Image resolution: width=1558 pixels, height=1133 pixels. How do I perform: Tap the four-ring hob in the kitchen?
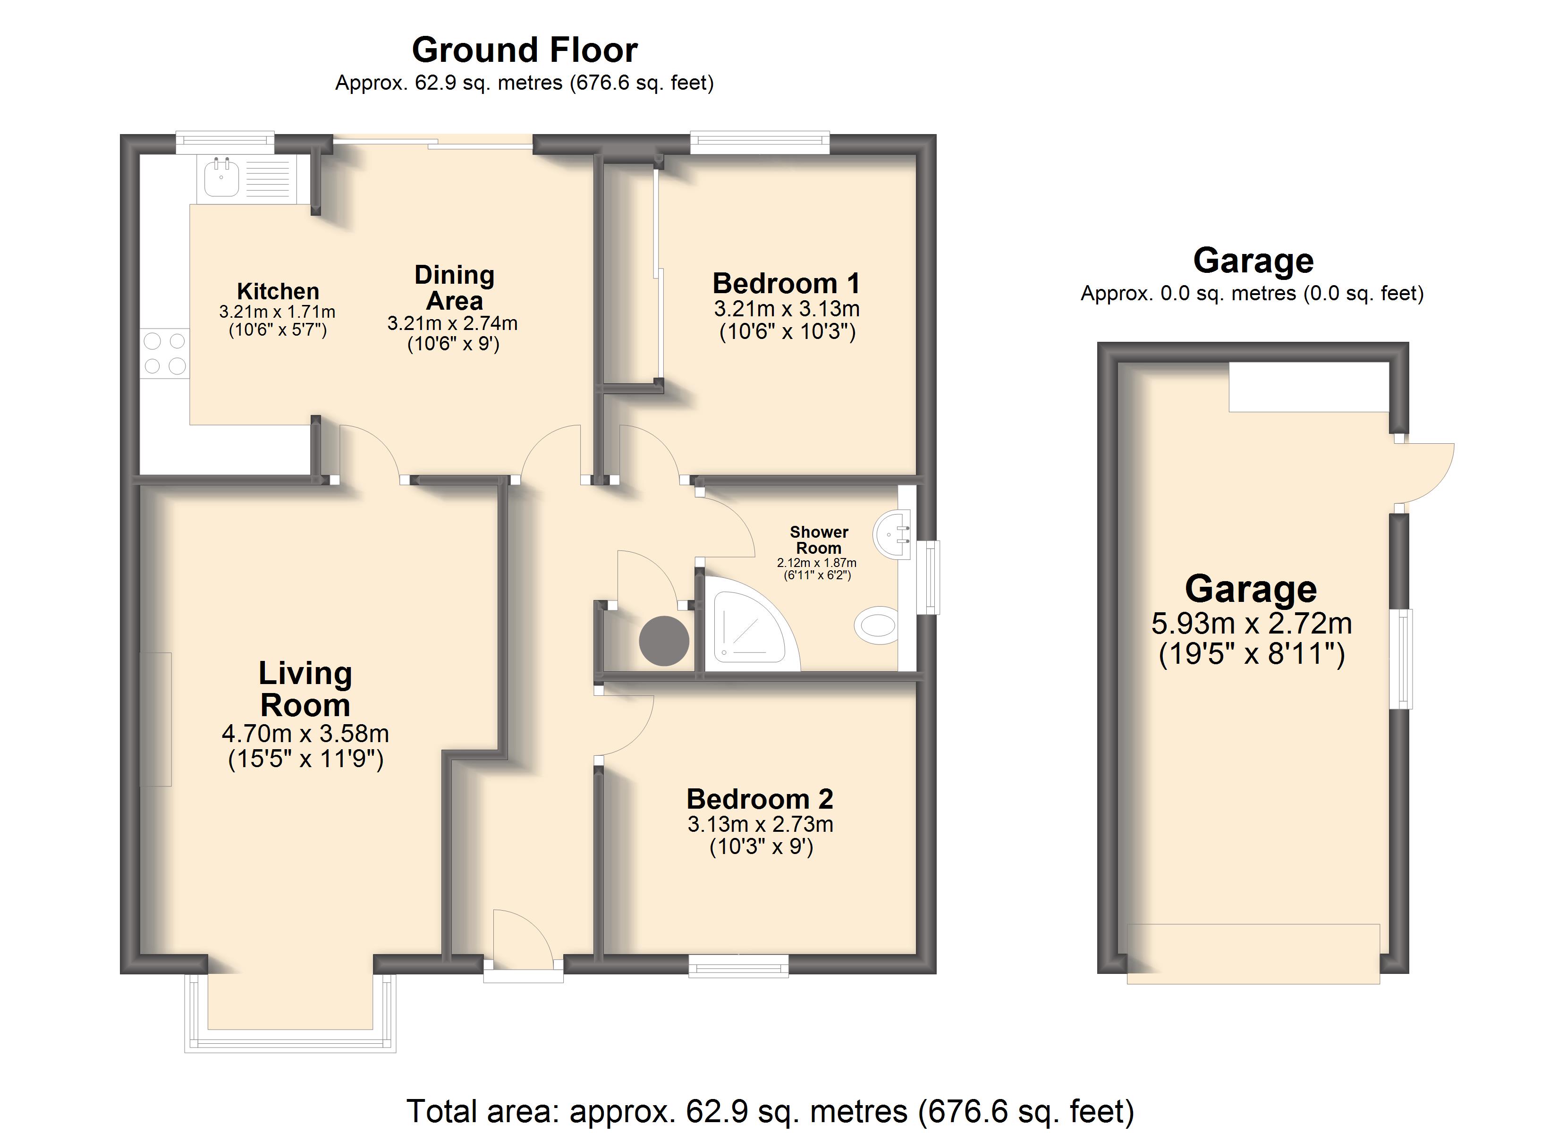tap(165, 353)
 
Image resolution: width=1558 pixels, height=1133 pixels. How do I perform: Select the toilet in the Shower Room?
tap(877, 625)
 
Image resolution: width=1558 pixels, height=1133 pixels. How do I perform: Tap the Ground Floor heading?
tap(525, 50)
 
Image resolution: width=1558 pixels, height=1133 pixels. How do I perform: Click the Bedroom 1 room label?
tap(786, 283)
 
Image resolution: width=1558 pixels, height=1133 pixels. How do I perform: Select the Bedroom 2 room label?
tap(760, 799)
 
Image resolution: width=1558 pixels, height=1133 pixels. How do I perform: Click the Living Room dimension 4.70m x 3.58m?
tap(305, 734)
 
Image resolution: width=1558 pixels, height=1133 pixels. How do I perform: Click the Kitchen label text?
tap(278, 291)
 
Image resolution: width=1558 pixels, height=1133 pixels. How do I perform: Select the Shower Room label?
tap(819, 540)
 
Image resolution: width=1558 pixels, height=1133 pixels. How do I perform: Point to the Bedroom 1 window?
tap(760, 142)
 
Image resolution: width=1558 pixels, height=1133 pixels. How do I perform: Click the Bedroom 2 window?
tap(738, 965)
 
